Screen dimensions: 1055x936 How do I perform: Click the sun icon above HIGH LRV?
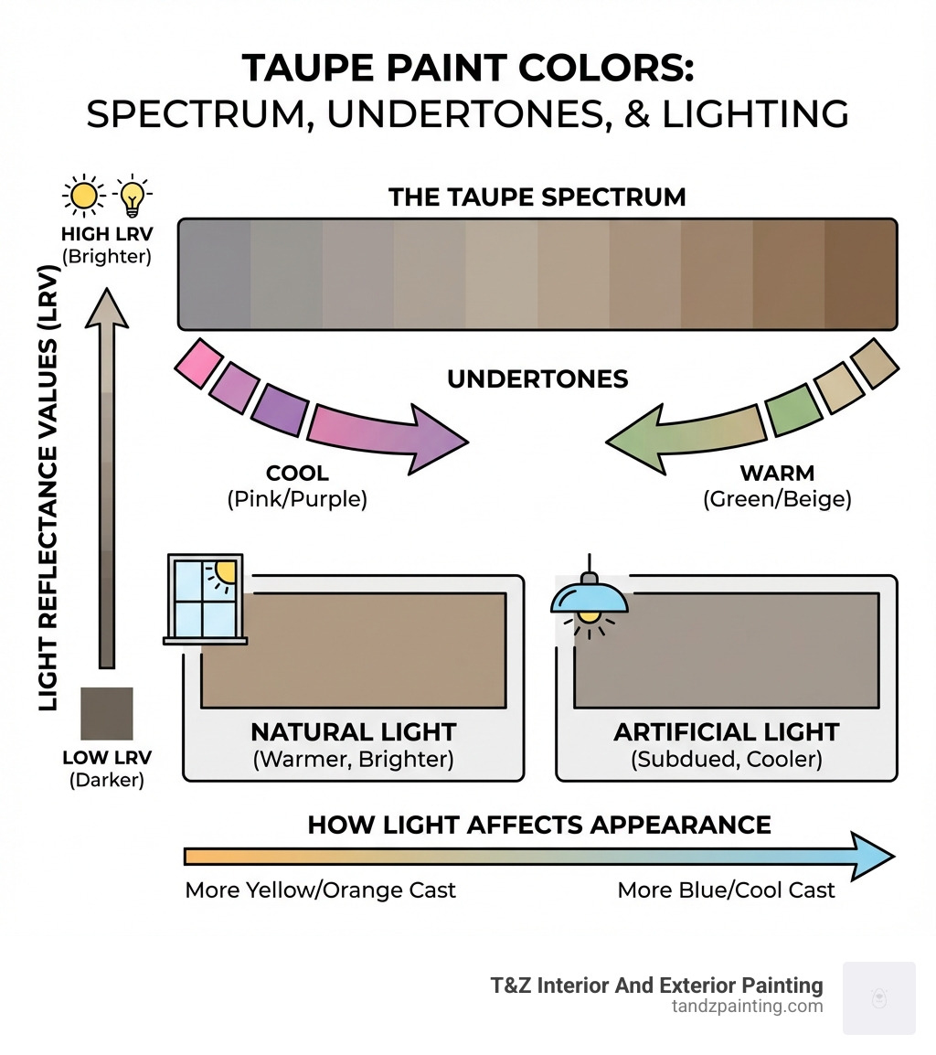coord(83,194)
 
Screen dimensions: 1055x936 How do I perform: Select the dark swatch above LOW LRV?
coord(107,713)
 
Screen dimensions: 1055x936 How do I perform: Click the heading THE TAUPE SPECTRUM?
coord(537,197)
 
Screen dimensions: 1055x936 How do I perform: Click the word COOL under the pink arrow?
coord(296,474)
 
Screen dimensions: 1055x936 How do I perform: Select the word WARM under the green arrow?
coord(777,474)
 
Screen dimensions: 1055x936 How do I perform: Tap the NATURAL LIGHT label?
coord(353,732)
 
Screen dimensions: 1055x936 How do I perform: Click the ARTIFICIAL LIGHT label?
coord(726,732)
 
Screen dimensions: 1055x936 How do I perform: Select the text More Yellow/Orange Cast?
coord(320,890)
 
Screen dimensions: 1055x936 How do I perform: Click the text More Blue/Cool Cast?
coord(726,890)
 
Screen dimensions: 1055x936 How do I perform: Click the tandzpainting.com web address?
coord(746,1007)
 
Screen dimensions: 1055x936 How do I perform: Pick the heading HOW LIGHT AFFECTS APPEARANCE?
coord(538,825)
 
